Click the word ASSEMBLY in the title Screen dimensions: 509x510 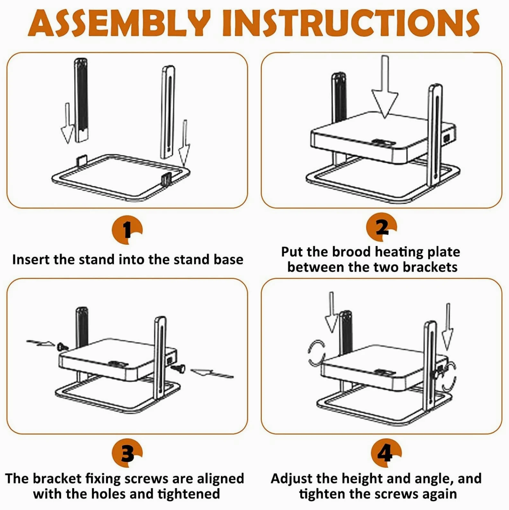tap(119, 23)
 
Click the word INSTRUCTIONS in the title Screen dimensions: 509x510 tap(351, 23)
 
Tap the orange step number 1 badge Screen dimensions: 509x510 tap(127, 230)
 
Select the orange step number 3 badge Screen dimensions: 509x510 tap(127, 454)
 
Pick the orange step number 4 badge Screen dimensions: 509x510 tap(386, 454)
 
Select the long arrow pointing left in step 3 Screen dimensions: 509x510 tap(212, 373)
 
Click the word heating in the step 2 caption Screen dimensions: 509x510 tap(399, 252)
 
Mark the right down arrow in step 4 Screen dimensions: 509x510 tap(447, 326)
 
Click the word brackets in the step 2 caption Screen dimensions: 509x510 tap(430, 267)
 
